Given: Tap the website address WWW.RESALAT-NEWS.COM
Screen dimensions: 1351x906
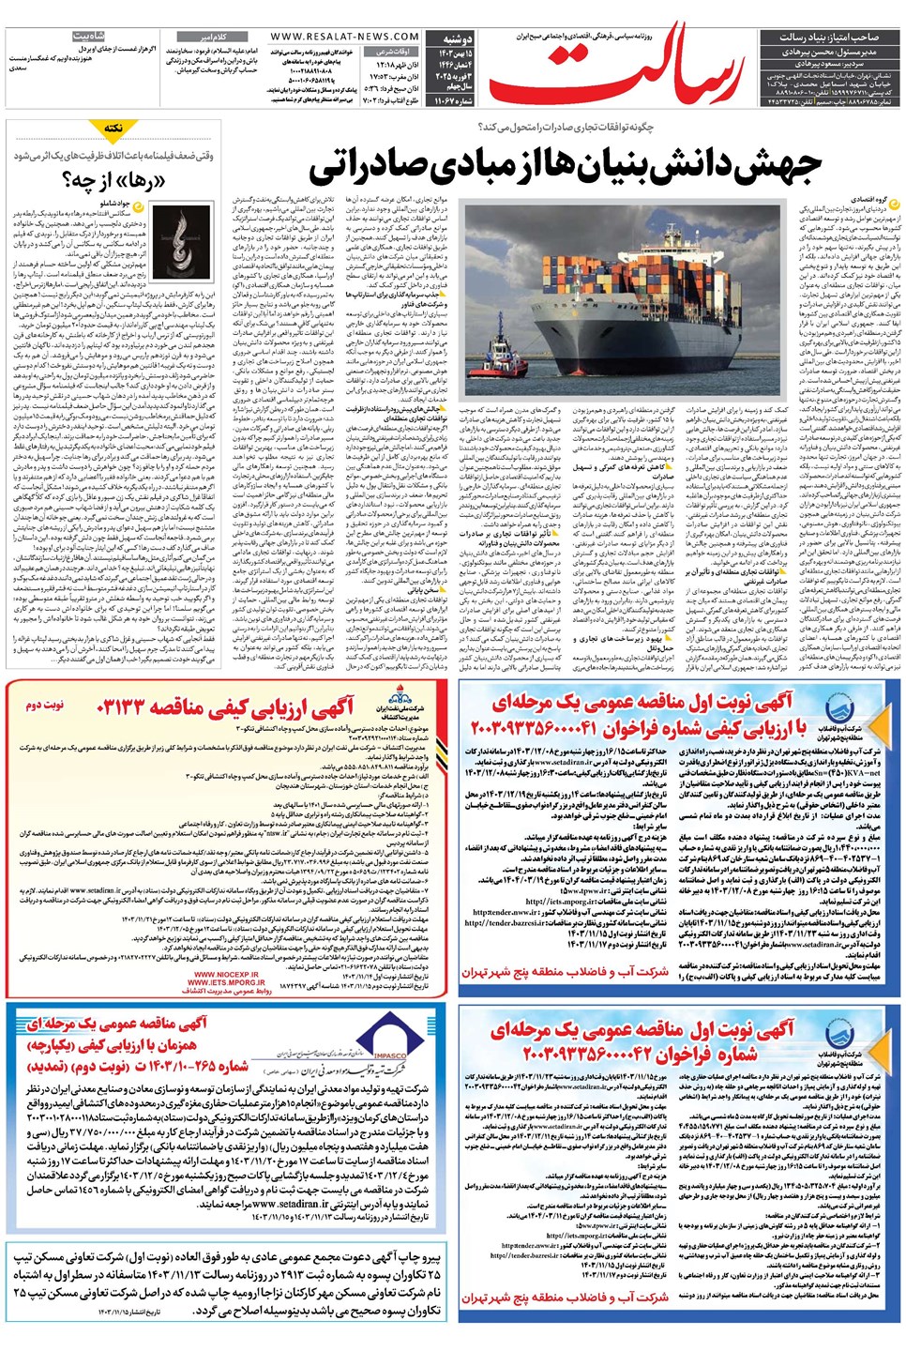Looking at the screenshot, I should (344, 37).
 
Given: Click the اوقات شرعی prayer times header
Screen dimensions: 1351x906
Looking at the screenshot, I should (394, 51).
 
